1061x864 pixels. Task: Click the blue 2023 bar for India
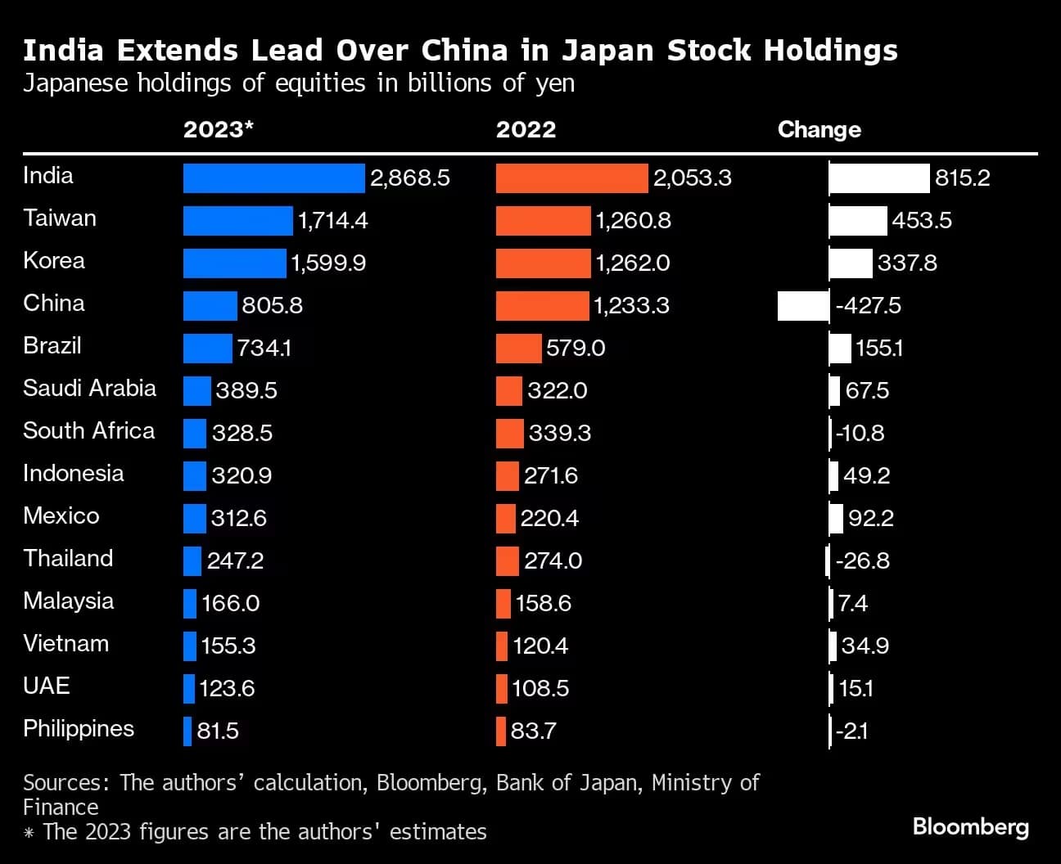[x=273, y=178]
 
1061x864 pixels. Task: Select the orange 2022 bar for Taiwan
[x=543, y=221]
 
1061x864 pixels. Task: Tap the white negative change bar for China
[x=803, y=306]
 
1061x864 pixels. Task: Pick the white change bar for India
[x=879, y=178]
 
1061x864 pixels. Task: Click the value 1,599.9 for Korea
[x=328, y=263]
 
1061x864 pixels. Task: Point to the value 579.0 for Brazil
[x=576, y=349]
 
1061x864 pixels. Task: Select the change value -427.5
[x=868, y=306]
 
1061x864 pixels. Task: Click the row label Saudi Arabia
[x=89, y=388]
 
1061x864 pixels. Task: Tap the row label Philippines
[x=79, y=728]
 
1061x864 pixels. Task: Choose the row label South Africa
[x=88, y=430]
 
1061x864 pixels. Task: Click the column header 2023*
[x=219, y=129]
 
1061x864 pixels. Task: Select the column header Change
[x=819, y=129]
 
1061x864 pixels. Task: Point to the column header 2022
[x=526, y=129]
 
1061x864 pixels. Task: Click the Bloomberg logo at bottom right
[x=970, y=826]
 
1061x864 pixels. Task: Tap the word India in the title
[x=63, y=51]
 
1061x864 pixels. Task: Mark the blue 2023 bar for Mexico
[x=195, y=519]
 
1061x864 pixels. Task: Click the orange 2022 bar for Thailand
[x=507, y=561]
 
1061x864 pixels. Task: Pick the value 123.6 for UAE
[x=227, y=689]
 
